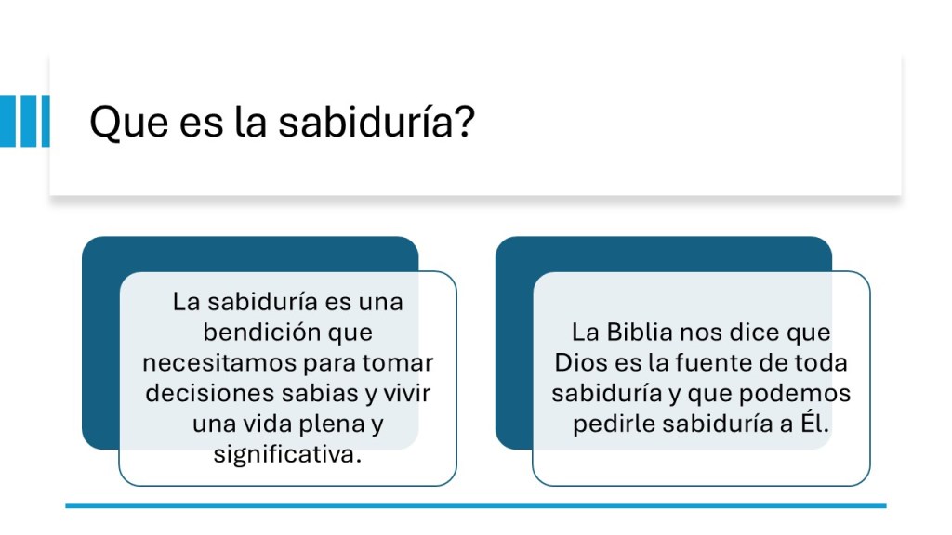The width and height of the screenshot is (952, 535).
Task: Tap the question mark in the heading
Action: point(465,120)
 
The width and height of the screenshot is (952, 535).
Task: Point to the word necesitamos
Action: point(219,363)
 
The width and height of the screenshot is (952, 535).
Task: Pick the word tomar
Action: point(398,363)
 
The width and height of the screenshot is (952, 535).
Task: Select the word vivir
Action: point(407,393)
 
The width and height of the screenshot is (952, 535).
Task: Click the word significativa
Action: point(287,453)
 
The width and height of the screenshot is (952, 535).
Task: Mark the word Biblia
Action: point(640,332)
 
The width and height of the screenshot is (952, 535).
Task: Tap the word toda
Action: point(820,363)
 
